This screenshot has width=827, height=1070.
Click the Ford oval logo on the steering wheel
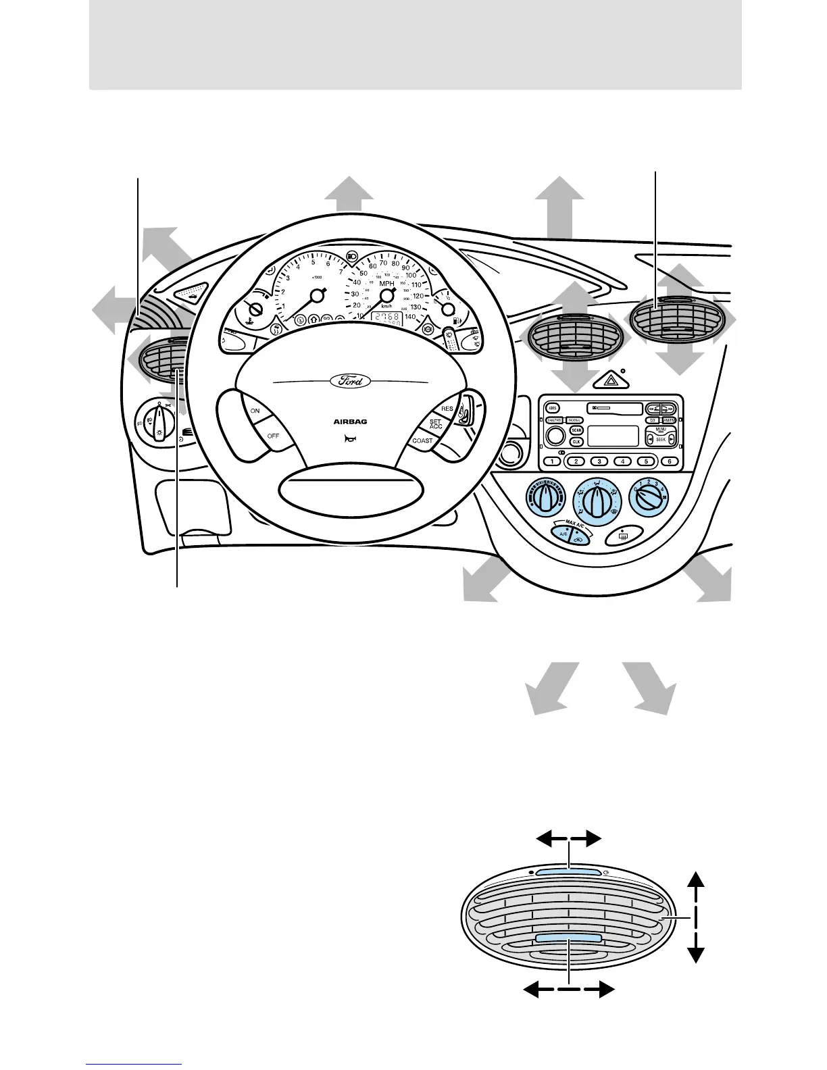coord(350,381)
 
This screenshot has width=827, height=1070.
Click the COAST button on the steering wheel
coord(422,440)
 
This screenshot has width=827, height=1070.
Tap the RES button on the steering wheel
coord(447,409)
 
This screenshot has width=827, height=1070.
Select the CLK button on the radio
coord(576,441)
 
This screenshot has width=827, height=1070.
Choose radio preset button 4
coord(622,462)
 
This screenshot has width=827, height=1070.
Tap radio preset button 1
coord(552,462)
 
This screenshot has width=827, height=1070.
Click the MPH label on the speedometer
coord(386,284)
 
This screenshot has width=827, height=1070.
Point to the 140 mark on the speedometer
coord(410,316)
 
